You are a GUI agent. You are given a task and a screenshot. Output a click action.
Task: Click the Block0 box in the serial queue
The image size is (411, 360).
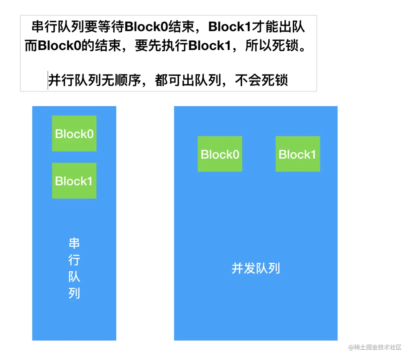pyautogui.click(x=74, y=133)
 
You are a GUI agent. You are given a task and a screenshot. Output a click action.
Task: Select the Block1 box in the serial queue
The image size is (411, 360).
pyautogui.click(x=74, y=181)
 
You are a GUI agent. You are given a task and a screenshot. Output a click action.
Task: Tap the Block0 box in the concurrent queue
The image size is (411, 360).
pyautogui.click(x=220, y=154)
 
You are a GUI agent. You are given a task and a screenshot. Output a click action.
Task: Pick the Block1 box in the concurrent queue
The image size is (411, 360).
pyautogui.click(x=298, y=154)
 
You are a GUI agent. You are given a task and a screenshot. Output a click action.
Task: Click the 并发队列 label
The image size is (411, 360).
pyautogui.click(x=256, y=268)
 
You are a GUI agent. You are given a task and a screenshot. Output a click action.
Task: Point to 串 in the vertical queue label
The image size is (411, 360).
pyautogui.click(x=74, y=243)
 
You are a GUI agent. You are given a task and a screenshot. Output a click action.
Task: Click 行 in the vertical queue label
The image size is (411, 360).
pyautogui.click(x=74, y=260)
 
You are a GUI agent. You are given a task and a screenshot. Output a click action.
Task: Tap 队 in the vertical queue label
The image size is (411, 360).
pyautogui.click(x=74, y=277)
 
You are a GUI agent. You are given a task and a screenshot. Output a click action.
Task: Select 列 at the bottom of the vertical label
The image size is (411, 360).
pyautogui.click(x=74, y=293)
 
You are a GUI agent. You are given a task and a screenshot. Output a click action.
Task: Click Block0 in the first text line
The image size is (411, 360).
pyautogui.click(x=146, y=27)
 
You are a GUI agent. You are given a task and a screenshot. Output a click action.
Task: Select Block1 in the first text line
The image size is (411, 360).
pyautogui.click(x=230, y=27)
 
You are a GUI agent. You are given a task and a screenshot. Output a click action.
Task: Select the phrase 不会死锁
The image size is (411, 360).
pyautogui.click(x=261, y=80)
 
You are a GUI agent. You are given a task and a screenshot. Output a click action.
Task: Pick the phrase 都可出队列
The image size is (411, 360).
pyautogui.click(x=188, y=80)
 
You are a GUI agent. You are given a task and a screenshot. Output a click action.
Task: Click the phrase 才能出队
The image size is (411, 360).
pyautogui.click(x=278, y=27)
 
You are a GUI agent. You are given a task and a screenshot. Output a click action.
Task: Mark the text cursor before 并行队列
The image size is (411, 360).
pyautogui.click(x=48, y=80)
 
